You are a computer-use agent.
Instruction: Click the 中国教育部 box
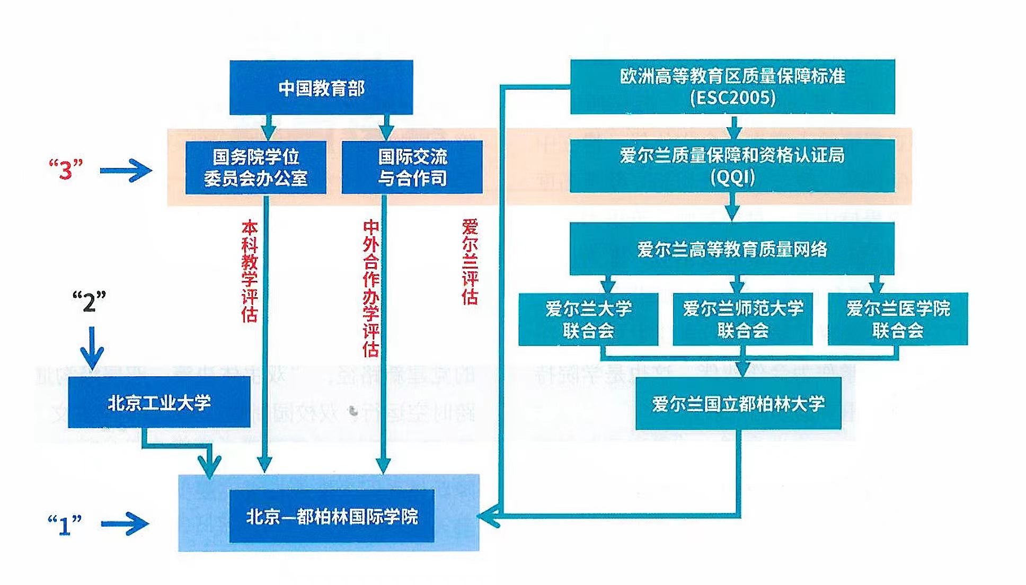321,87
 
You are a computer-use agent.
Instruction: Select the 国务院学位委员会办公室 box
255,167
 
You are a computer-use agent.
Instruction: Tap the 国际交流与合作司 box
412,167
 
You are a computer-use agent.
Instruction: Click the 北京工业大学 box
159,402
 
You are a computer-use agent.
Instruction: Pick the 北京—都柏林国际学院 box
332,516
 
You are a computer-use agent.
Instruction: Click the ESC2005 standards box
732,86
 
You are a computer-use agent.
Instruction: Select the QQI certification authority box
732,165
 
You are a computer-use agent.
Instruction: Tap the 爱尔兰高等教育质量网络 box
732,249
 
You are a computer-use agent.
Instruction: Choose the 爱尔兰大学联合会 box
588,319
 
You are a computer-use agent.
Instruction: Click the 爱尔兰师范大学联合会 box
742,319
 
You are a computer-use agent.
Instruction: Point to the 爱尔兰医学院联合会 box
898,319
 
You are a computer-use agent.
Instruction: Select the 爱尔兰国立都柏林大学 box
738,403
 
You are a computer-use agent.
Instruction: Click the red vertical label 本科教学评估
250,271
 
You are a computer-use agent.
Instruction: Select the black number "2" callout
89,302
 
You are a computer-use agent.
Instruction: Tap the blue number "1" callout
65,525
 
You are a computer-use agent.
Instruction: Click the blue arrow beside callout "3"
126,171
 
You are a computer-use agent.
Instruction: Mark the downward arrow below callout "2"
92,347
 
